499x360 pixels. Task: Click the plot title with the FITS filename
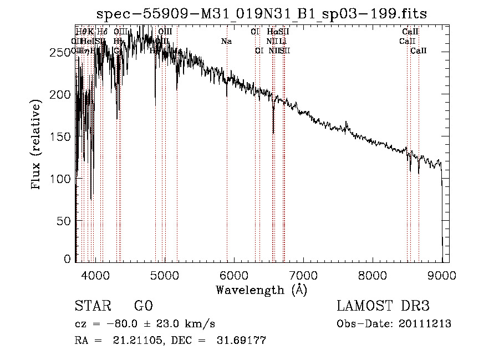261,14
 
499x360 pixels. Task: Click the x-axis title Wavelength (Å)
261,290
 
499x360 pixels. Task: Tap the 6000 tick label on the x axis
234,275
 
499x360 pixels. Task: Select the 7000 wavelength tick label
303,275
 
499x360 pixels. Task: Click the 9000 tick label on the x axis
442,275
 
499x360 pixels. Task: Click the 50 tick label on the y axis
64,221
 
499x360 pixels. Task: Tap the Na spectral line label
226,41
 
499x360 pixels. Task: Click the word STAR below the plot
93,306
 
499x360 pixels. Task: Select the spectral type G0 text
143,306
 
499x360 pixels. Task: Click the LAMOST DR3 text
383,306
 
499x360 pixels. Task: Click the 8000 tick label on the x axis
373,275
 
